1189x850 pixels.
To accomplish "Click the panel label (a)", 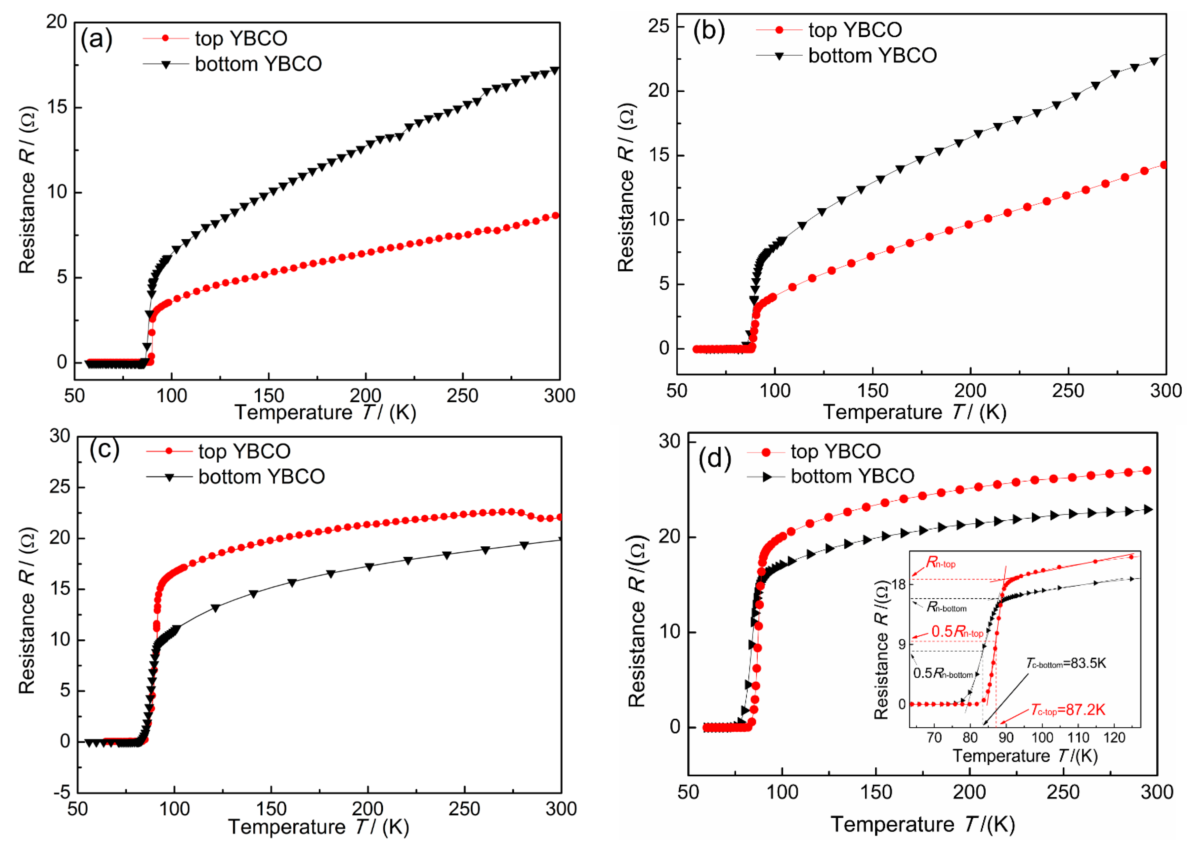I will [x=96, y=39].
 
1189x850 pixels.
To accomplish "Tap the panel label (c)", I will [x=104, y=449].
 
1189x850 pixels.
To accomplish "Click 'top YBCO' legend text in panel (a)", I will [x=241, y=38].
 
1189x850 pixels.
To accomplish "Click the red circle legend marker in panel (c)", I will [x=169, y=451].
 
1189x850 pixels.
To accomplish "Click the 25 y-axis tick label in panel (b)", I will [x=658, y=26].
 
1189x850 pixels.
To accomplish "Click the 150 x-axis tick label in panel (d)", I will [x=875, y=792].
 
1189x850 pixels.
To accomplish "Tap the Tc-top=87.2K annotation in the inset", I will [x=1068, y=710].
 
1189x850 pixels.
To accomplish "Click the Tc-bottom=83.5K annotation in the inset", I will [x=1066, y=664].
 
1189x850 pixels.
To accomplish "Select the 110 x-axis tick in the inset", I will [x=1078, y=738].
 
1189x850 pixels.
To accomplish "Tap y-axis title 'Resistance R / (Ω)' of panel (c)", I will [x=27, y=610].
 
